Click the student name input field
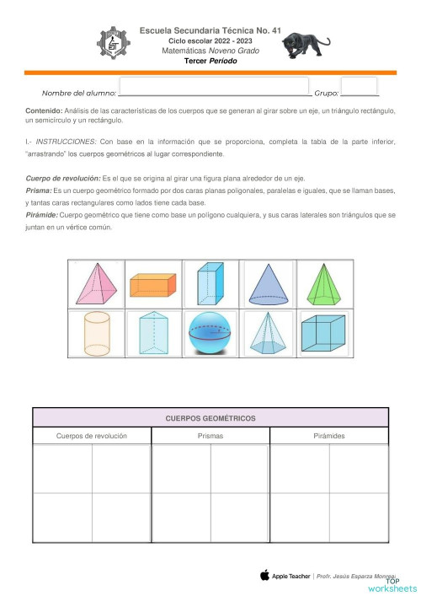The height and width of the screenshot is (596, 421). [x=215, y=87]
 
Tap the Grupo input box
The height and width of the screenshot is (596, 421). [x=360, y=87]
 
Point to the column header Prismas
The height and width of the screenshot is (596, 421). [x=210, y=436]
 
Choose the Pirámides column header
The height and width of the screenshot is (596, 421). [x=328, y=436]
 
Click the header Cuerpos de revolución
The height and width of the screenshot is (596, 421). [x=92, y=436]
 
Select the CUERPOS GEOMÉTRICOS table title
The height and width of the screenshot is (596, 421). [x=210, y=418]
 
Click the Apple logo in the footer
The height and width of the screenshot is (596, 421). [x=264, y=575]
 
